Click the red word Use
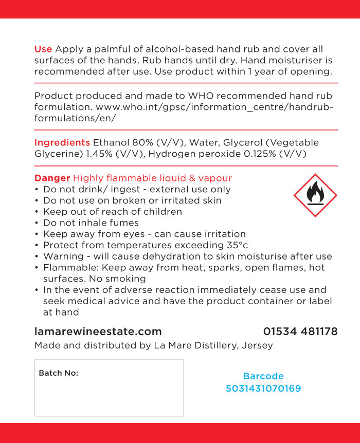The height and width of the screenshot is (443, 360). tap(43, 49)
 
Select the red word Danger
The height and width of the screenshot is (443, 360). tap(52, 178)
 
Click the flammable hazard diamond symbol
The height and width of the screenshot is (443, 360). tap(315, 195)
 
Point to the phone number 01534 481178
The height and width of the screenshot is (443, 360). tap(300, 331)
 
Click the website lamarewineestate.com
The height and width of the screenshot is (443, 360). tap(98, 331)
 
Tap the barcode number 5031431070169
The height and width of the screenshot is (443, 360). tap(263, 389)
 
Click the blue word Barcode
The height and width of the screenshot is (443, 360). tap(263, 376)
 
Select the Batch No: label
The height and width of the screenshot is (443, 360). tap(58, 373)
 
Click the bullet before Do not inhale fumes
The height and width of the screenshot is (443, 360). tap(37, 223)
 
